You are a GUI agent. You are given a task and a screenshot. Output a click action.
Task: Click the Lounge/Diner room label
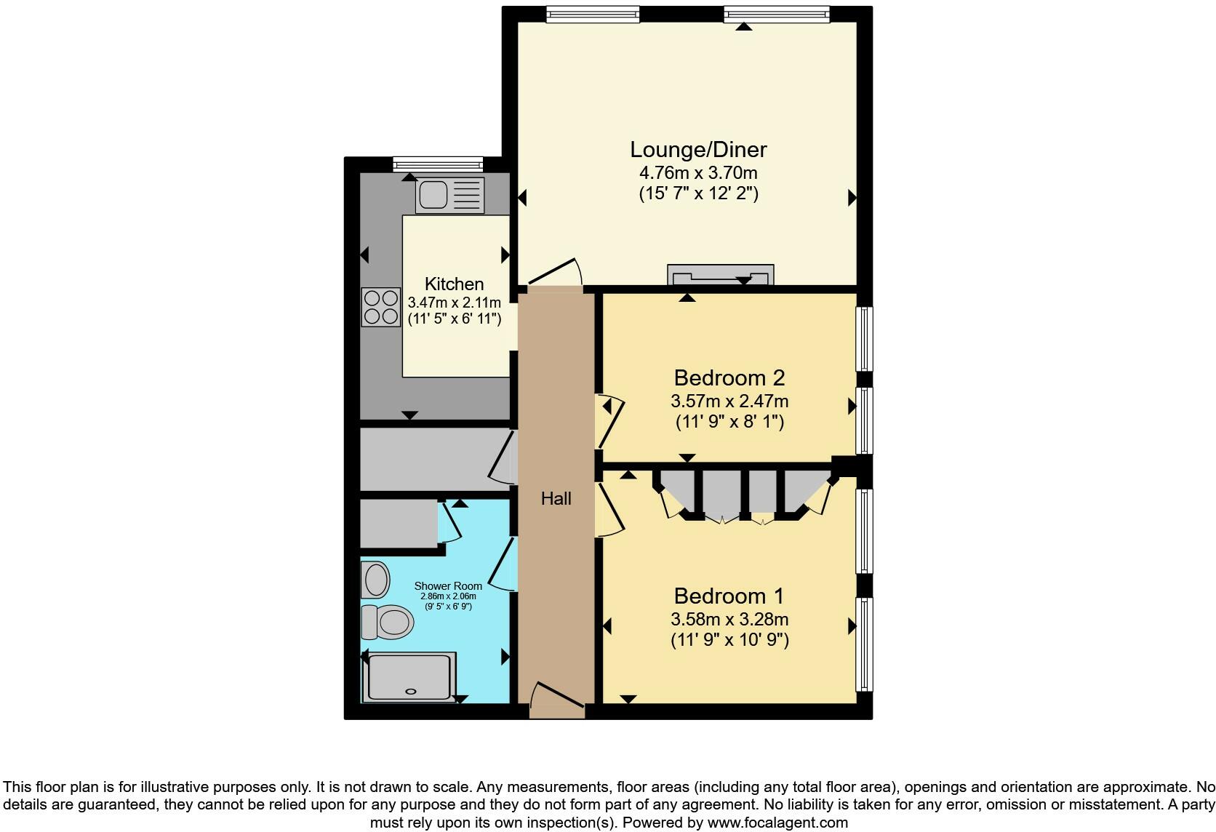click(x=698, y=150)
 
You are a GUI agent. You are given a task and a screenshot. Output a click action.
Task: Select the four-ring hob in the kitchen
click(x=381, y=307)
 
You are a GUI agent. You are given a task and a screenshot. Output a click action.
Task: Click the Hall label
click(x=556, y=499)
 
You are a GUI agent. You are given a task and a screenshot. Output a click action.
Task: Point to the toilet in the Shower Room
click(x=388, y=622)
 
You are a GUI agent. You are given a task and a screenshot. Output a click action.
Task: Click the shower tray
click(x=411, y=677)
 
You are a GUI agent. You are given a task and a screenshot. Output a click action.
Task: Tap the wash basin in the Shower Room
click(x=377, y=580)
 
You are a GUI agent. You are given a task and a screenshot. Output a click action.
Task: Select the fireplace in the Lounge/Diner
click(x=720, y=276)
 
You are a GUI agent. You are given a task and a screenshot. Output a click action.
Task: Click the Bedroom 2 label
click(x=729, y=378)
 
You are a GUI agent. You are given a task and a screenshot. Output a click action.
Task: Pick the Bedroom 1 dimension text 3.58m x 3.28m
click(x=729, y=620)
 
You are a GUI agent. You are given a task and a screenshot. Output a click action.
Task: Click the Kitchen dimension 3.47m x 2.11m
click(x=455, y=303)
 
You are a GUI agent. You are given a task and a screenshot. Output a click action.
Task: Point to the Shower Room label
click(x=448, y=586)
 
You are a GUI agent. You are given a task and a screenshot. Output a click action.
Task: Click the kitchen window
click(x=438, y=164)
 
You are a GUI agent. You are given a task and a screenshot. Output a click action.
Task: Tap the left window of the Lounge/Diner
click(x=593, y=14)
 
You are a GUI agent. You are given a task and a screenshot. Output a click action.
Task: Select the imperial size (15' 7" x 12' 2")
click(x=698, y=194)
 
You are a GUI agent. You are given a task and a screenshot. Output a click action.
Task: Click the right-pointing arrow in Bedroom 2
click(x=852, y=407)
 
